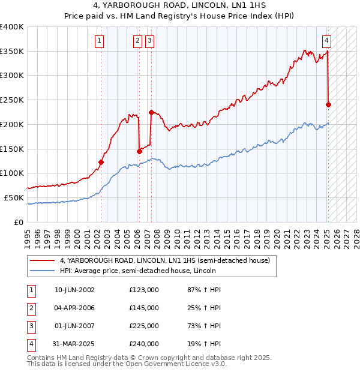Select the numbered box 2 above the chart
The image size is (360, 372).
click(x=137, y=41)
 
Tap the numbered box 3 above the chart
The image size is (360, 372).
click(x=149, y=41)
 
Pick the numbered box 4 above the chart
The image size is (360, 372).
click(x=326, y=41)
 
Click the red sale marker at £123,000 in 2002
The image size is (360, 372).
click(x=101, y=162)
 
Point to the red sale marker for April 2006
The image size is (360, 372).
click(x=139, y=151)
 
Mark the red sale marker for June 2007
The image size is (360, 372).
click(x=151, y=112)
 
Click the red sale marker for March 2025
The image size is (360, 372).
click(x=328, y=104)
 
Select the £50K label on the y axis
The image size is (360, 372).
click(x=14, y=197)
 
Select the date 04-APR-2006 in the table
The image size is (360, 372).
click(x=74, y=308)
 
